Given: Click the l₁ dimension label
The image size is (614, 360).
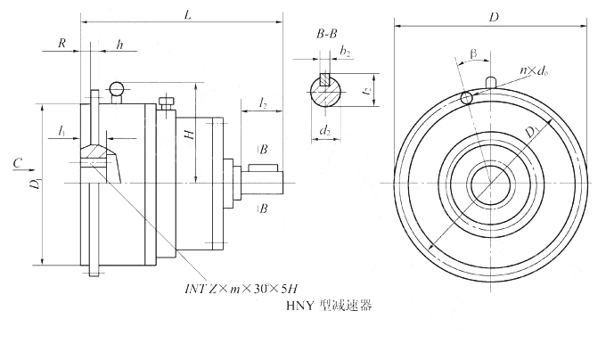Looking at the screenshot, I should click(61, 131).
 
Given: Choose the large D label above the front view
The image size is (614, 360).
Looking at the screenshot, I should click(494, 17).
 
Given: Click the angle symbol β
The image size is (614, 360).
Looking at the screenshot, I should click(472, 56).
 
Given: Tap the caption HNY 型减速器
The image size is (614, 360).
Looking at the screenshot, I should click(327, 306).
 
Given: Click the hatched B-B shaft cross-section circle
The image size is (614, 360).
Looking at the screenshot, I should click(326, 91).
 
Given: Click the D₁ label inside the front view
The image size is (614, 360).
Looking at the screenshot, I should click(531, 134).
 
